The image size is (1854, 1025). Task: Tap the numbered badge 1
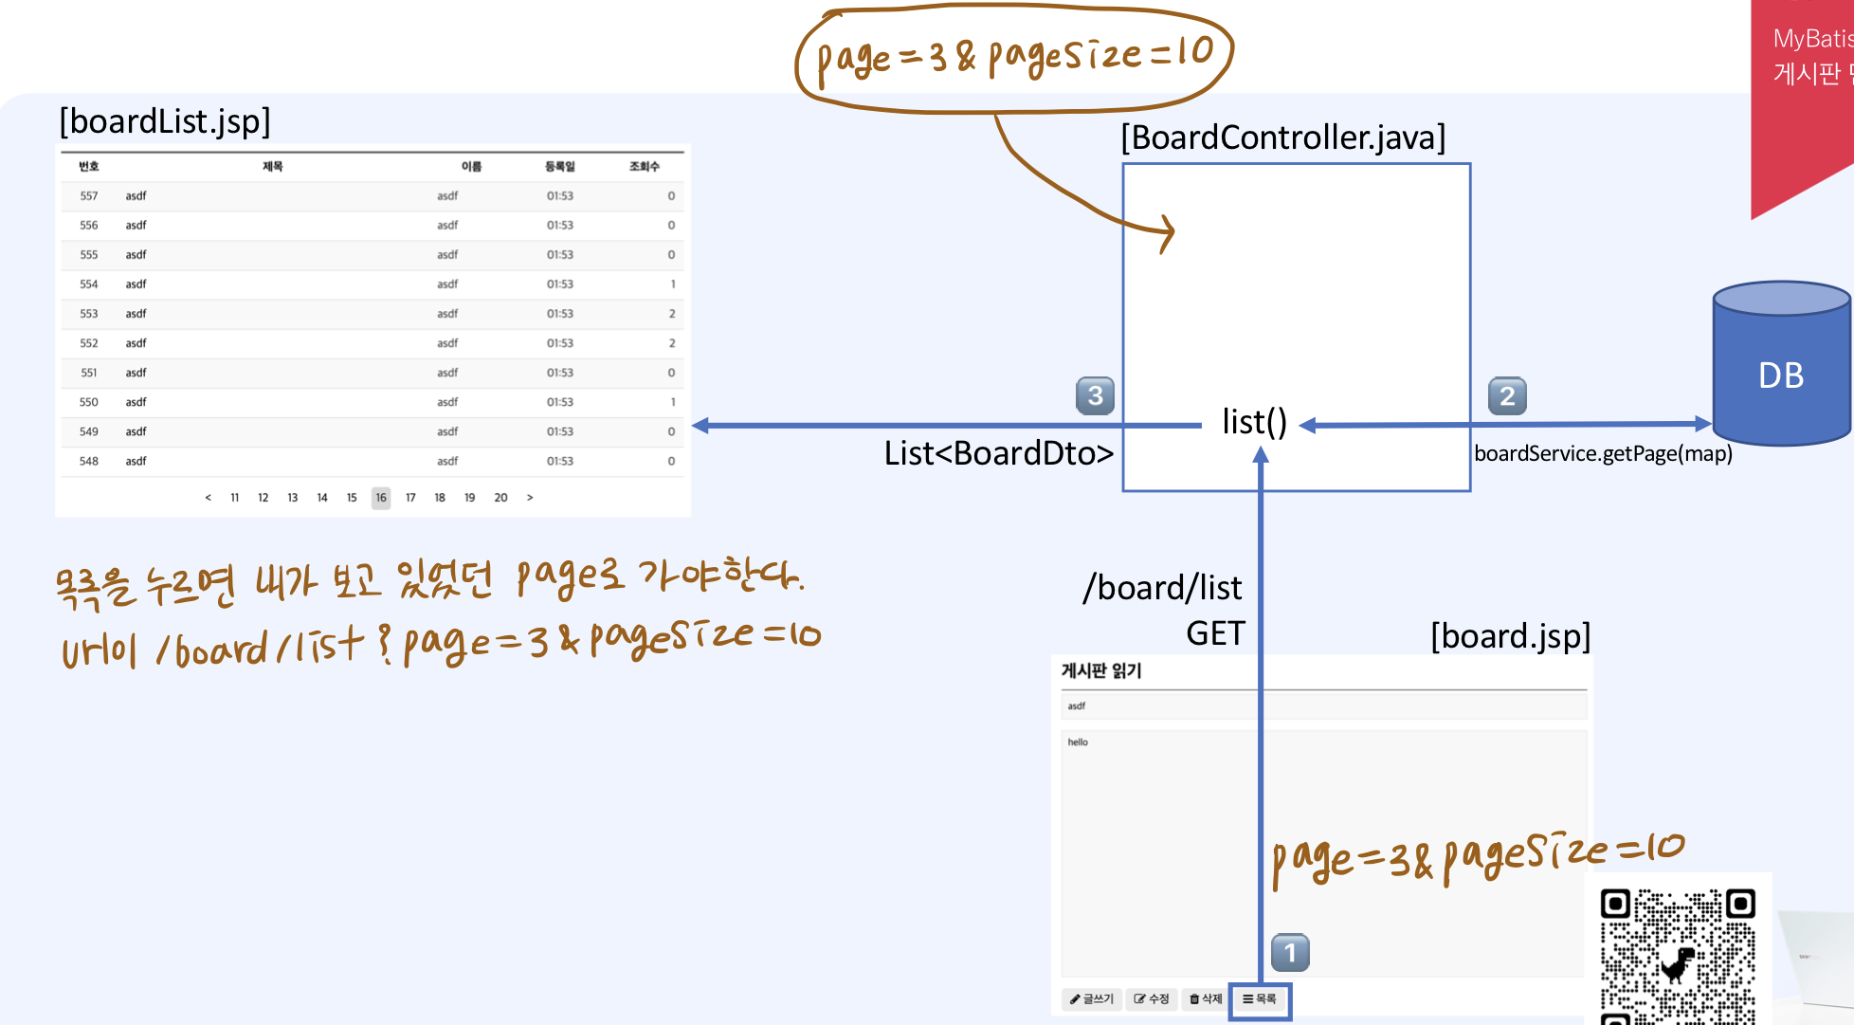1290,952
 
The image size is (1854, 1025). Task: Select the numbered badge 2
1507,395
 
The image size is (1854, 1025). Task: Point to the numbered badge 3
1095,395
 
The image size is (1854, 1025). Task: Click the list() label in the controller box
1254,422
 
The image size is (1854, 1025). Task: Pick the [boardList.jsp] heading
165,121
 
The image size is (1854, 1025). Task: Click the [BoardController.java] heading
1282,137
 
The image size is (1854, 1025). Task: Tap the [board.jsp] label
1510,635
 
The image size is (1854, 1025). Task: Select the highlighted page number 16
381,498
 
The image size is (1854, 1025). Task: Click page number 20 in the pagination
500,498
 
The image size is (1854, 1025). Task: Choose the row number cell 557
89,196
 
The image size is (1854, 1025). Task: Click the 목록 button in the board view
1260,999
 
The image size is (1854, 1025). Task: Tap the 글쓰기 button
1092,999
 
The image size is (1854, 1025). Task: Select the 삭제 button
1206,999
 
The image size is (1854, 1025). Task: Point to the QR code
1677,953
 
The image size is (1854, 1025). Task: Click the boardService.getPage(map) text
1603,453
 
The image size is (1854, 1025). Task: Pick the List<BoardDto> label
998,453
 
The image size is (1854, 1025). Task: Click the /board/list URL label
1162,588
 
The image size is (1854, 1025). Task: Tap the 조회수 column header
645,167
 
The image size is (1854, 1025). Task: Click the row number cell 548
89,462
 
